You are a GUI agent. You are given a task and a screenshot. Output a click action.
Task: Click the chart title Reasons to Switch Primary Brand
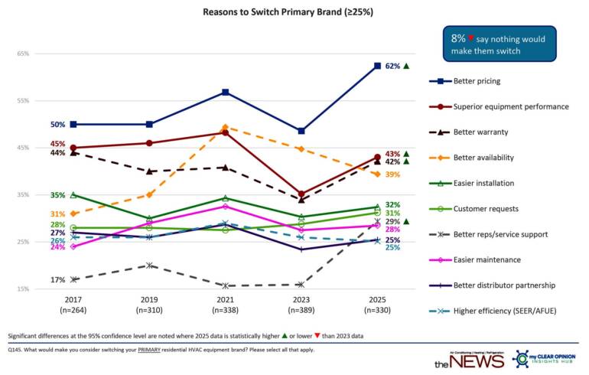click(294, 13)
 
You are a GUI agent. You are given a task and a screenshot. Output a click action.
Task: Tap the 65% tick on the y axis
click(22, 54)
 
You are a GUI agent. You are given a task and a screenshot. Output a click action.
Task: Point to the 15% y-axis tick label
click(22, 289)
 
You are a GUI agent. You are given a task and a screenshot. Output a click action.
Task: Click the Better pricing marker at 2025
click(376, 66)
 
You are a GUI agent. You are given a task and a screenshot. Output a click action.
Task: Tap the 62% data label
click(393, 67)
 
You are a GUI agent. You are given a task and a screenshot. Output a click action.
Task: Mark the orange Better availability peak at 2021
click(225, 127)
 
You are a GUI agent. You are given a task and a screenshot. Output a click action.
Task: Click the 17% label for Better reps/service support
click(57, 280)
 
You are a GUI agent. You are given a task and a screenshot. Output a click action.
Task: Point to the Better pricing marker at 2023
click(301, 132)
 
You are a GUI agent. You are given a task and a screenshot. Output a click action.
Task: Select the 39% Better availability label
click(393, 175)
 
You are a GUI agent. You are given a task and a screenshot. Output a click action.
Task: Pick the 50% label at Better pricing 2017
click(57, 124)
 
